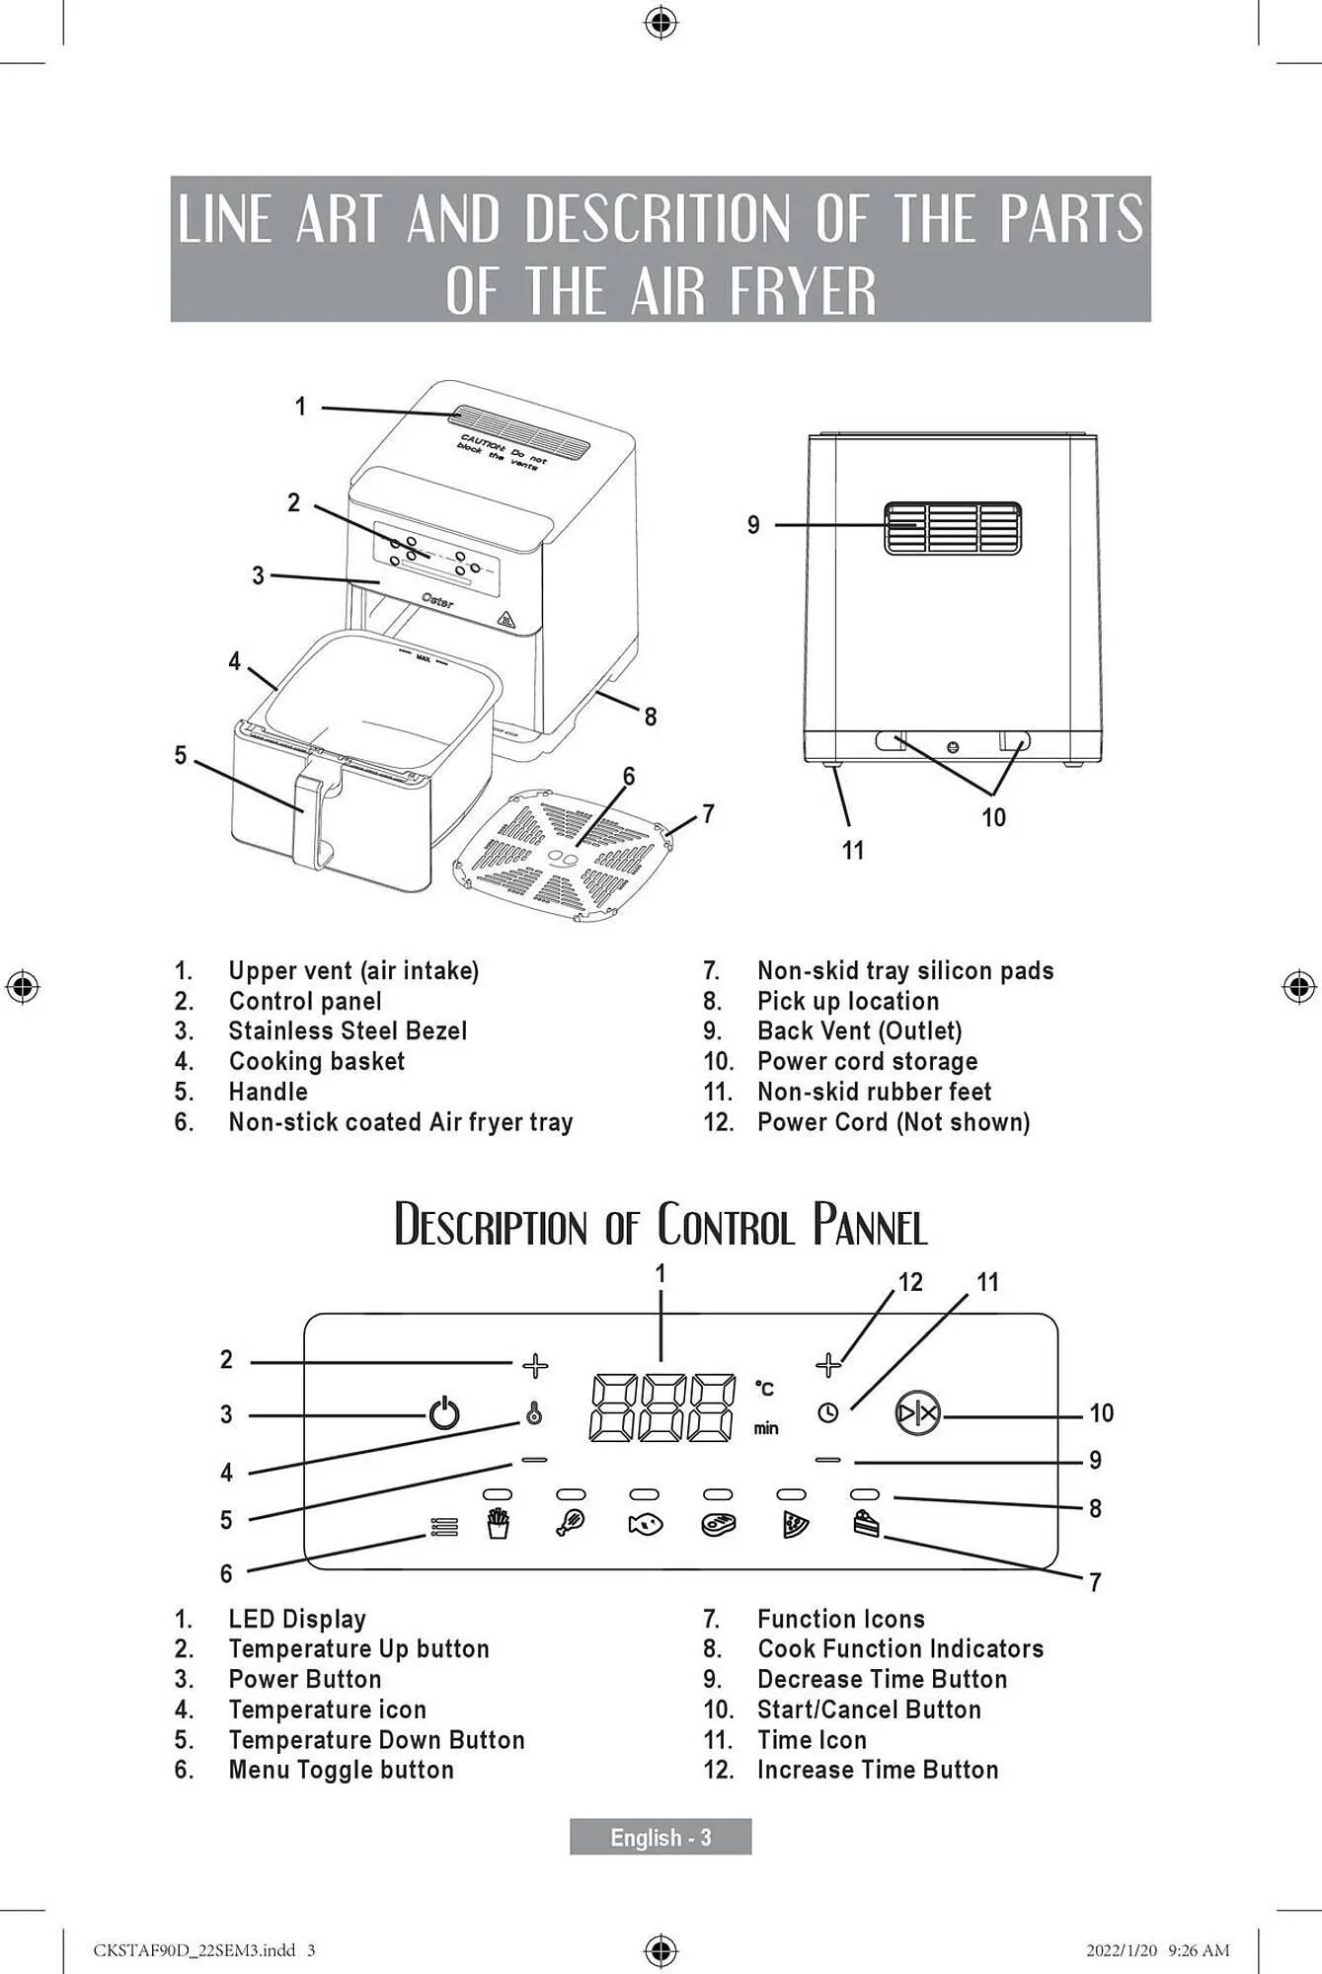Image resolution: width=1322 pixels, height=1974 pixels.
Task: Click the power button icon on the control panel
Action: pyautogui.click(x=444, y=1413)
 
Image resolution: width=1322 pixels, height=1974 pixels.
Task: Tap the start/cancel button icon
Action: pyautogui.click(x=918, y=1414)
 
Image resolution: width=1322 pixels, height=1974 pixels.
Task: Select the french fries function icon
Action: pyautogui.click(x=499, y=1525)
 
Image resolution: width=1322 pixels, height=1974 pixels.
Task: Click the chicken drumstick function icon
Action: pyautogui.click(x=571, y=1524)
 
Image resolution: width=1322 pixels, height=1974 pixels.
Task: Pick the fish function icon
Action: pyautogui.click(x=645, y=1525)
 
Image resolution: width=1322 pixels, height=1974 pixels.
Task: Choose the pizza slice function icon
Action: pyautogui.click(x=793, y=1525)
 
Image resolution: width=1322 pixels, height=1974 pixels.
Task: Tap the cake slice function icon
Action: pyautogui.click(x=866, y=1524)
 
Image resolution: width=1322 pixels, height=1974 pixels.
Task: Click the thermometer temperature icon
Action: pyautogui.click(x=534, y=1414)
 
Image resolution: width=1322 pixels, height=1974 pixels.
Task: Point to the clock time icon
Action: pyautogui.click(x=828, y=1412)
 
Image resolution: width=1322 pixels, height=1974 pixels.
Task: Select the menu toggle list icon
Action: pyautogui.click(x=444, y=1527)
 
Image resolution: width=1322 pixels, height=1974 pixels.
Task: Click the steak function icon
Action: pyautogui.click(x=719, y=1525)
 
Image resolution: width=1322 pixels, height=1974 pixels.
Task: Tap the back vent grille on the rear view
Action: pyautogui.click(x=953, y=528)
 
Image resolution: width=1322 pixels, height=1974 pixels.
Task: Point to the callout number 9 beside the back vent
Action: pyautogui.click(x=753, y=525)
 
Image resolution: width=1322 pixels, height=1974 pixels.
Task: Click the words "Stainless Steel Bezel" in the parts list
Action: pyautogui.click(x=348, y=1031)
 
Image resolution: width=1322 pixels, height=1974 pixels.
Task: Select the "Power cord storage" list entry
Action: pyautogui.click(x=867, y=1062)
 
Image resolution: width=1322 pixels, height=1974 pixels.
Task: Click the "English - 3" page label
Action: pyautogui.click(x=661, y=1838)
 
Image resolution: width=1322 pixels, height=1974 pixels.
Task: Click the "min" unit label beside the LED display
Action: pyautogui.click(x=766, y=1428)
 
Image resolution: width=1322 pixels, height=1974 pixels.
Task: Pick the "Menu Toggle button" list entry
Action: pyautogui.click(x=341, y=1770)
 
